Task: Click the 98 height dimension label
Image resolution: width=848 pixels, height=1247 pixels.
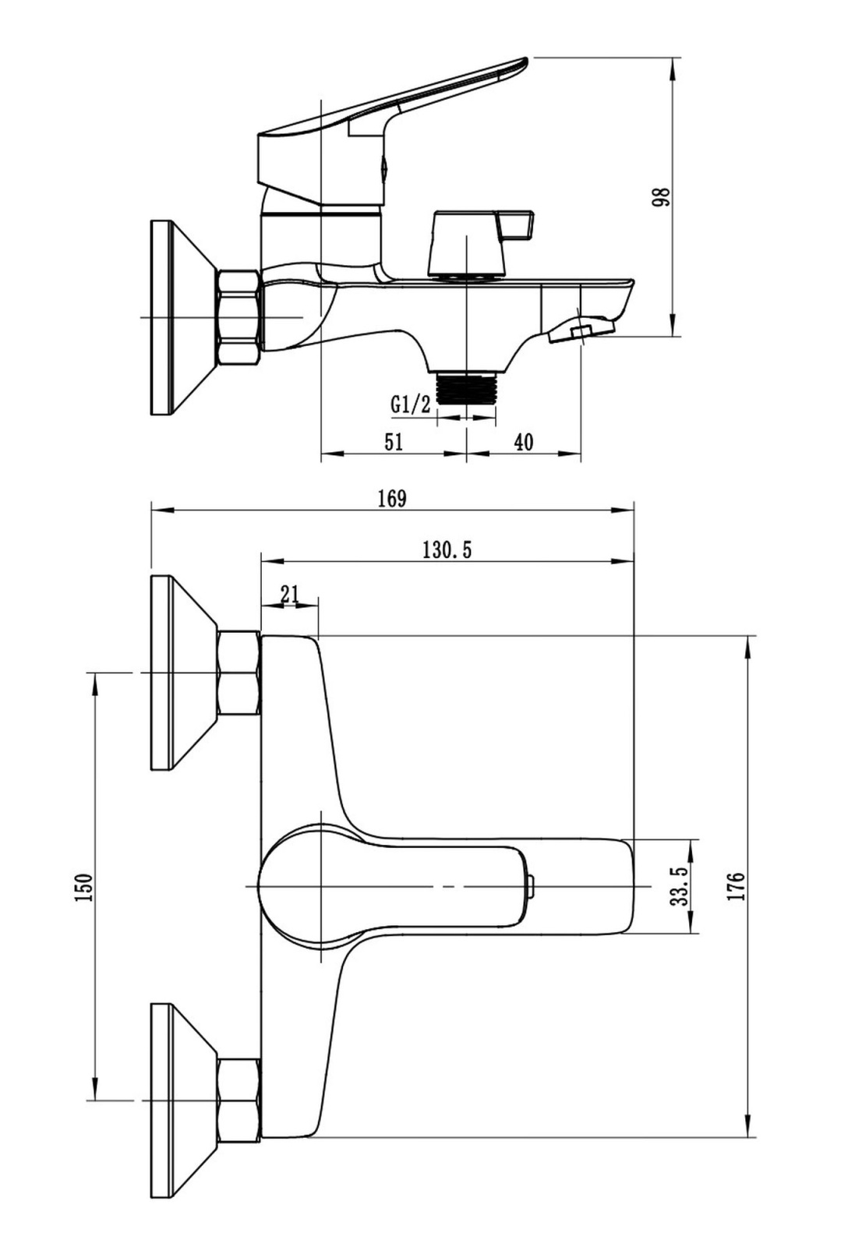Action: (661, 197)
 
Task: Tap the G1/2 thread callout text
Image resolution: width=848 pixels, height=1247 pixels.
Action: (410, 404)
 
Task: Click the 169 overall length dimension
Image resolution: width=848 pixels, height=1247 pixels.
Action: (392, 499)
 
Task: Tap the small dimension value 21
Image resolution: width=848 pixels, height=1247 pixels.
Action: (289, 594)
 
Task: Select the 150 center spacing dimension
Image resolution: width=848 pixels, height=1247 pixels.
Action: (84, 888)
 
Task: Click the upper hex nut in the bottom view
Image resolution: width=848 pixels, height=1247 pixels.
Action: (239, 673)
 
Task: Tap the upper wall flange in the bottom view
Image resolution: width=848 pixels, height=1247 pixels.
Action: (184, 673)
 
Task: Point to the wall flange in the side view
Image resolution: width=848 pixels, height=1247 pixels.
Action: (184, 317)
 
